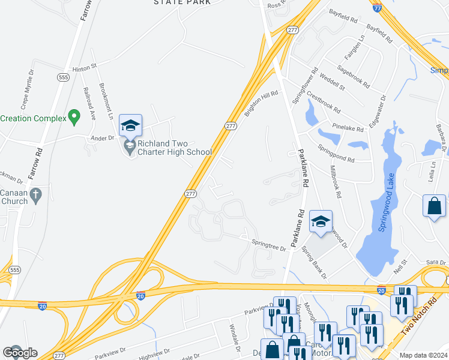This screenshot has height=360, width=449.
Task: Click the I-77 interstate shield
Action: [376, 8]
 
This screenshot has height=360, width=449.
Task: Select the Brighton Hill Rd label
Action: [261, 103]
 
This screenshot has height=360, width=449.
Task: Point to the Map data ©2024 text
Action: [423, 355]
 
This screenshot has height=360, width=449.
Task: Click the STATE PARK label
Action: [182, 2]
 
